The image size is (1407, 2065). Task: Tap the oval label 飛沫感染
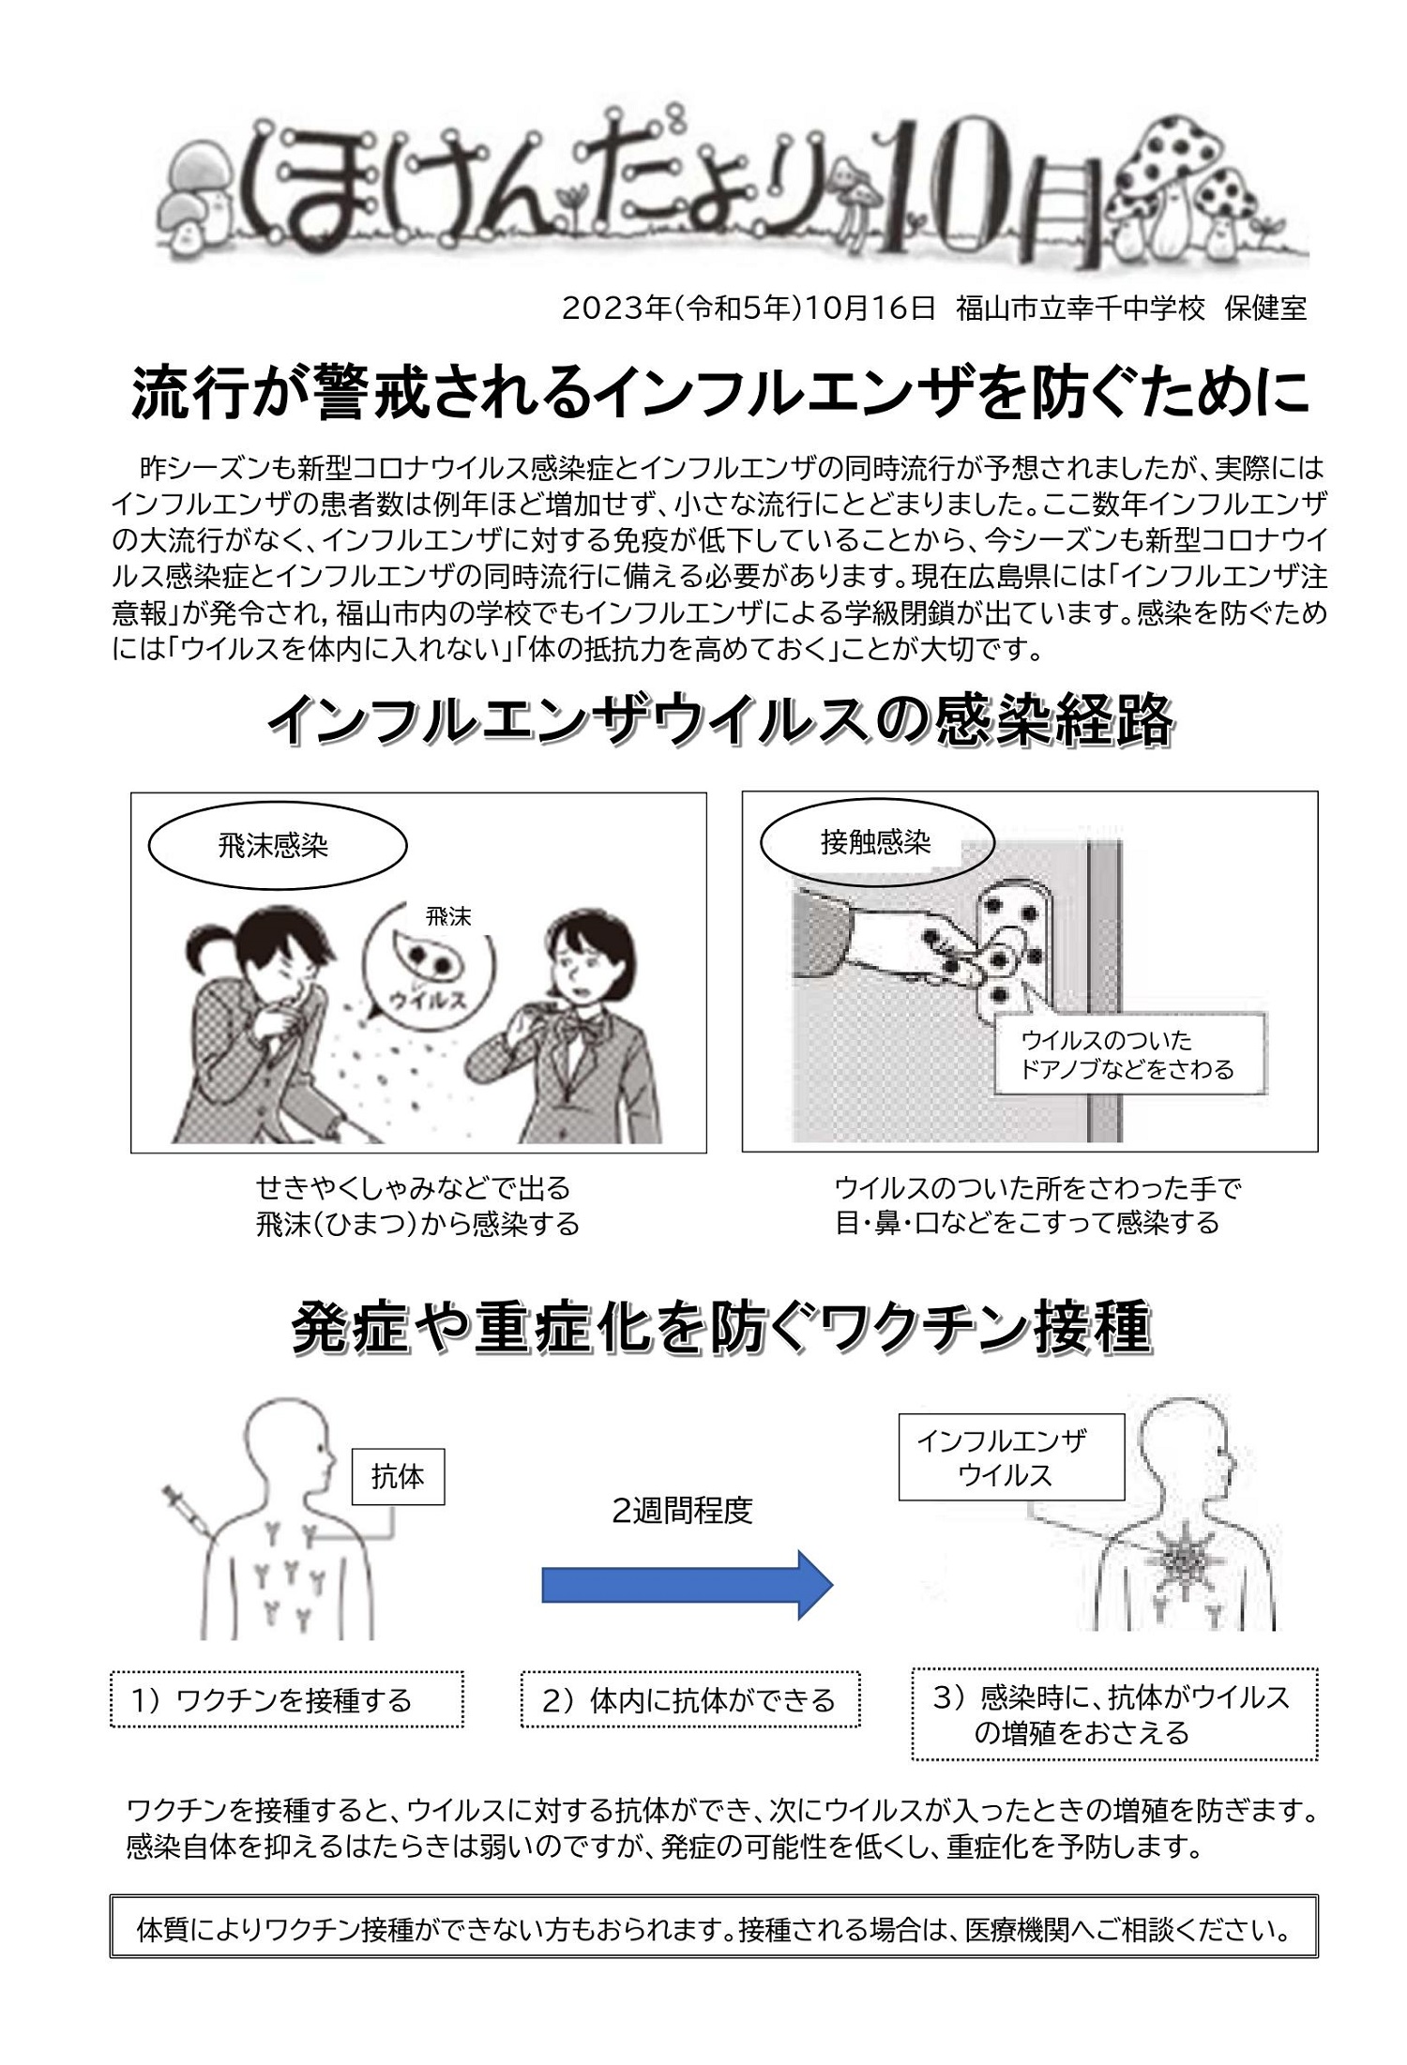[x=278, y=846]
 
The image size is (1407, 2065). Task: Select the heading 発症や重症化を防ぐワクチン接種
[x=721, y=1328]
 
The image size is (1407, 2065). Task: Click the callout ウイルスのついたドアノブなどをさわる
[x=1128, y=1054]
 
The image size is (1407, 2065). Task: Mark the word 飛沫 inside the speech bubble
[x=447, y=916]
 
